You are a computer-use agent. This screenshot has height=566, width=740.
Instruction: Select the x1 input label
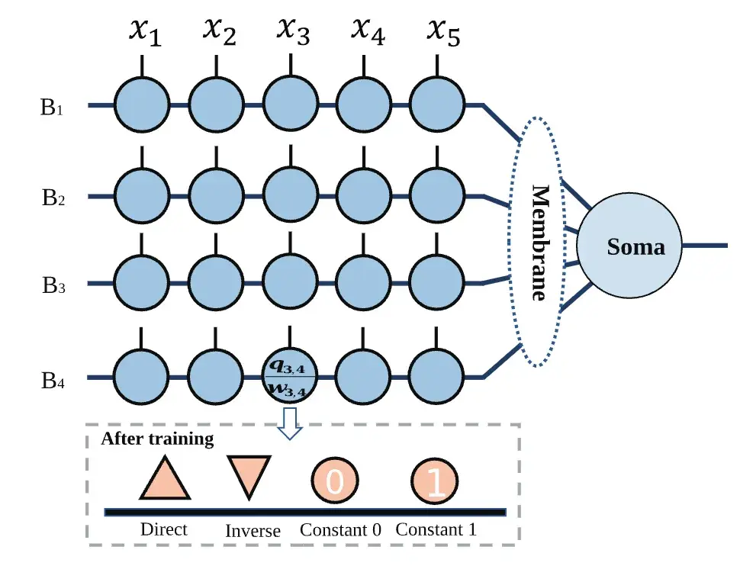coord(143,32)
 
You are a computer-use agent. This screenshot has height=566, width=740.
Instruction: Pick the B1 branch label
coord(51,107)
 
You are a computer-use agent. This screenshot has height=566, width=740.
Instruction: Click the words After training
coord(157,439)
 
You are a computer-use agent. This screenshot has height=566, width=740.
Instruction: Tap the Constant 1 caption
coord(435,530)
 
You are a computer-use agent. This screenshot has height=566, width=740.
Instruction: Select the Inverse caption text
coord(253,531)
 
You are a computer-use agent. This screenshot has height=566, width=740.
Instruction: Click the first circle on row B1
coord(143,105)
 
